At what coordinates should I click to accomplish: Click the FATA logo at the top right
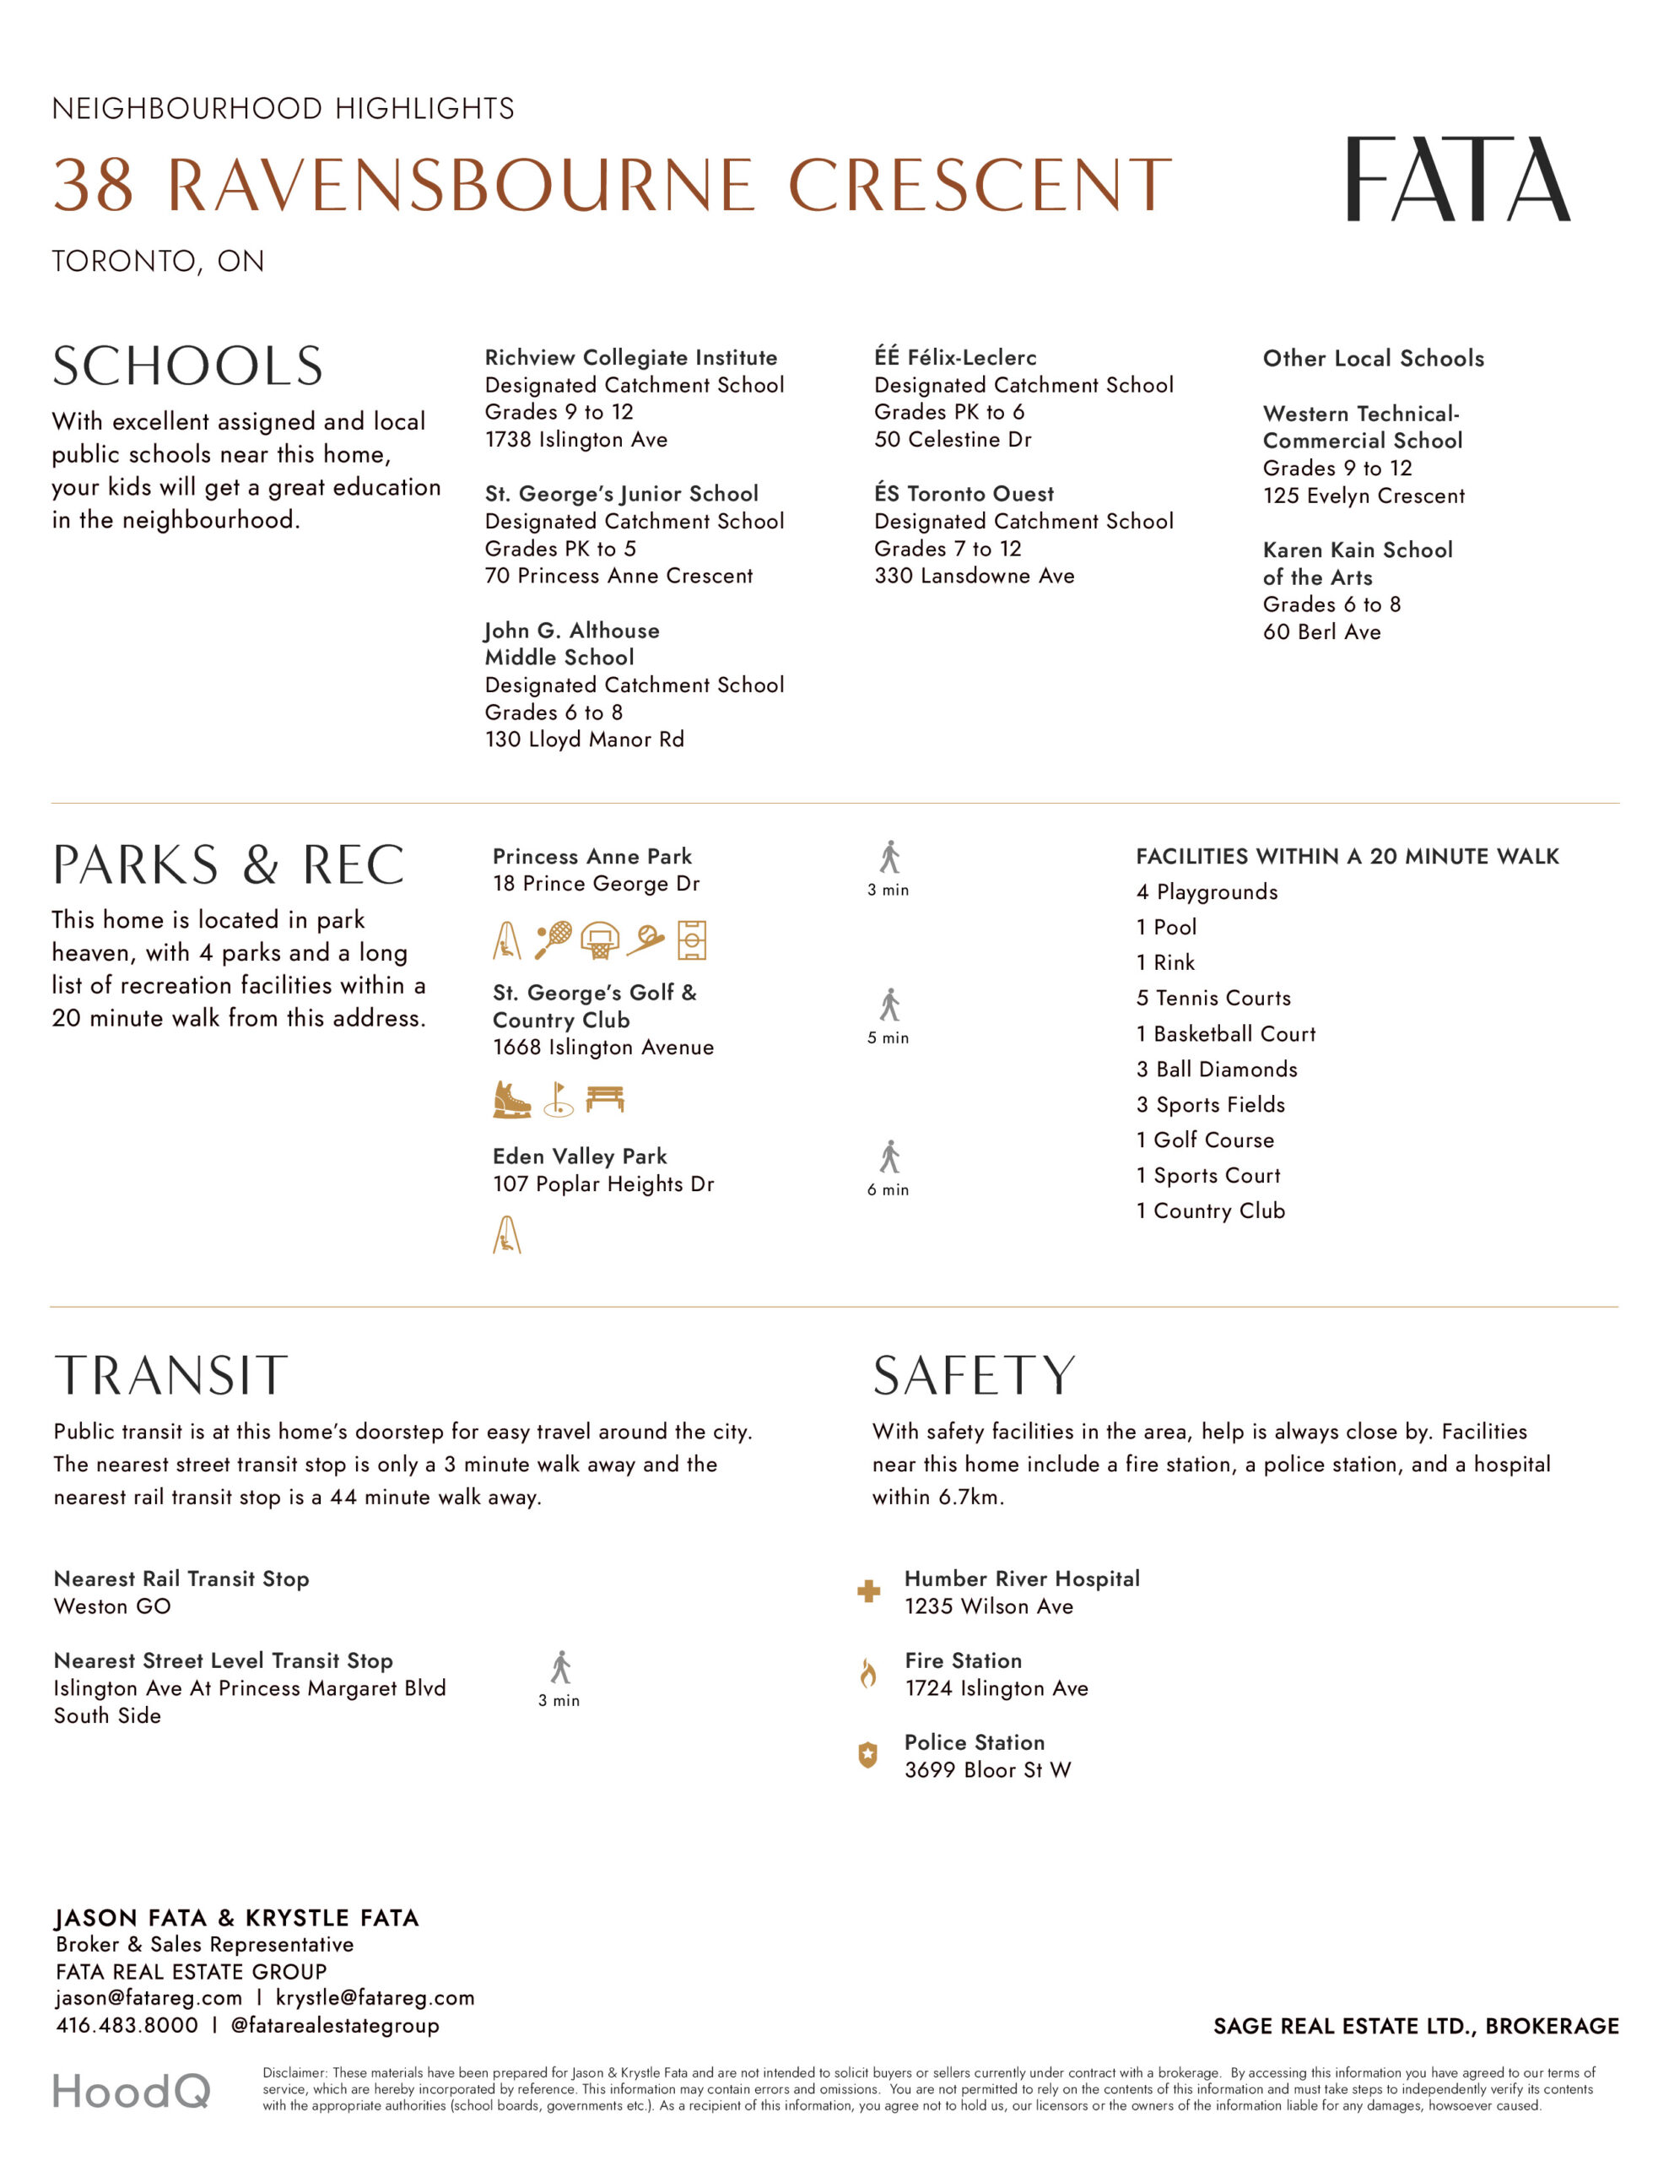tap(1456, 179)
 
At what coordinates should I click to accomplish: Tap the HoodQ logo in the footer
tap(131, 2091)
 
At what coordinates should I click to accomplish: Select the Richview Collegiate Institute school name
tap(630, 357)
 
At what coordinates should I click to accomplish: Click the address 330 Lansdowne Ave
tap(974, 576)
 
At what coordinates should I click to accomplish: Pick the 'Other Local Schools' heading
tap(1372, 358)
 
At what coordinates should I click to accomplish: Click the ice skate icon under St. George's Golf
tap(511, 1098)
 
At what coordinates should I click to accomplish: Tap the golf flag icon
tap(559, 1098)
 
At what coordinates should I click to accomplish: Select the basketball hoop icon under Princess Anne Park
tap(600, 940)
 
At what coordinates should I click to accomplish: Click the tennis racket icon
tap(553, 940)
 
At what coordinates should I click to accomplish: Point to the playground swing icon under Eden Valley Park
tap(506, 1235)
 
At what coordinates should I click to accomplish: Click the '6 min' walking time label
tap(888, 1189)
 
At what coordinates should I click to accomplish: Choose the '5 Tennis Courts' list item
tap(1213, 999)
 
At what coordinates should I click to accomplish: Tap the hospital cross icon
tap(867, 1591)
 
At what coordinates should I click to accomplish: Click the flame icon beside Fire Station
tap(867, 1673)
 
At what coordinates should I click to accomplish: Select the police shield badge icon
tap(867, 1755)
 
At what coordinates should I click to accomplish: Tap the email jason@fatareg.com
tap(149, 1998)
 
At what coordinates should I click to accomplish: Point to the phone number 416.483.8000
tap(127, 2025)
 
